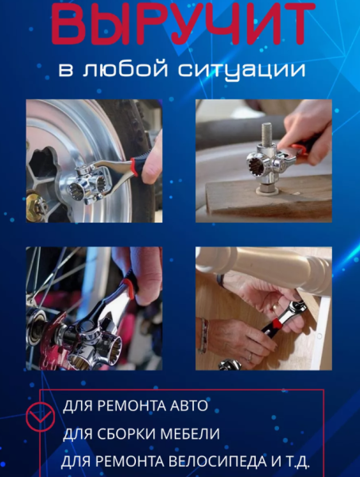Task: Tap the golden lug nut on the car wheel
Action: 35,208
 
